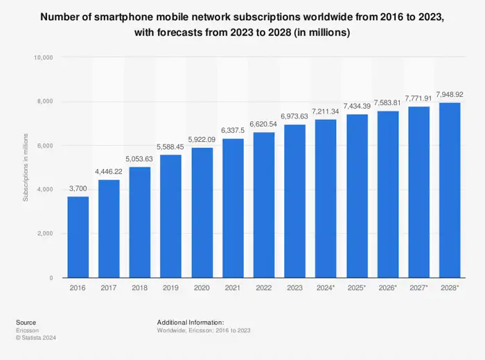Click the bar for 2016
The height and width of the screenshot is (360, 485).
pyautogui.click(x=78, y=237)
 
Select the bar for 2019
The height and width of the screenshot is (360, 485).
pyautogui.click(x=171, y=216)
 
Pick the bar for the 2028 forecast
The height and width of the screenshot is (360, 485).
pyautogui.click(x=450, y=190)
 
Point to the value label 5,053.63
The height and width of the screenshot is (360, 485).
pyautogui.click(x=140, y=158)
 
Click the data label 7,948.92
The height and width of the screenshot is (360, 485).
pyautogui.click(x=450, y=94)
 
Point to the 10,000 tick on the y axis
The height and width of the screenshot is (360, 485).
pyautogui.click(x=43, y=57)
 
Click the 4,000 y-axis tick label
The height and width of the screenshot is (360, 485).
pyautogui.click(x=45, y=190)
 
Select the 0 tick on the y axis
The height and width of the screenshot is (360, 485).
pyautogui.click(x=51, y=278)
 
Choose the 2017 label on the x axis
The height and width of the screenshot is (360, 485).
pyautogui.click(x=109, y=288)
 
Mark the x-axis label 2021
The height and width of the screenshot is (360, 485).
pyautogui.click(x=233, y=288)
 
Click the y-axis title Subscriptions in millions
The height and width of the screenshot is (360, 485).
pyautogui.click(x=26, y=168)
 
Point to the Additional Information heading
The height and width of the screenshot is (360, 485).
pyautogui.click(x=191, y=323)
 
